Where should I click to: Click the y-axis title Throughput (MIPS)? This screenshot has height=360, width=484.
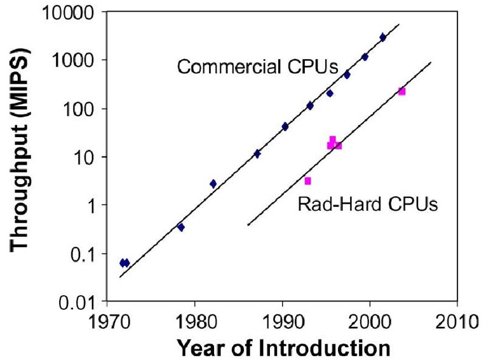(22, 156)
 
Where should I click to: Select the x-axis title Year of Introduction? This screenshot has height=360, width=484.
(283, 347)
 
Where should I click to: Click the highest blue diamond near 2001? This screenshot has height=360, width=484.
(382, 37)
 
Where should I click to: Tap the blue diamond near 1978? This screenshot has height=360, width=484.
(181, 227)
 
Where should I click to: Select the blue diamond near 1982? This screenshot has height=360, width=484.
(213, 183)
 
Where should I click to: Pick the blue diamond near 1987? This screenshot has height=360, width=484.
(257, 154)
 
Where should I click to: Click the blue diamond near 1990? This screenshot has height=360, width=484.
(285, 126)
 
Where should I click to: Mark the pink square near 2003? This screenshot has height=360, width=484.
(401, 91)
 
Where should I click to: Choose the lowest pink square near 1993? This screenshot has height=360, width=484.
(307, 181)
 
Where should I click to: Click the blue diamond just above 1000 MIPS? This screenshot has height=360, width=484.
(365, 57)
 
